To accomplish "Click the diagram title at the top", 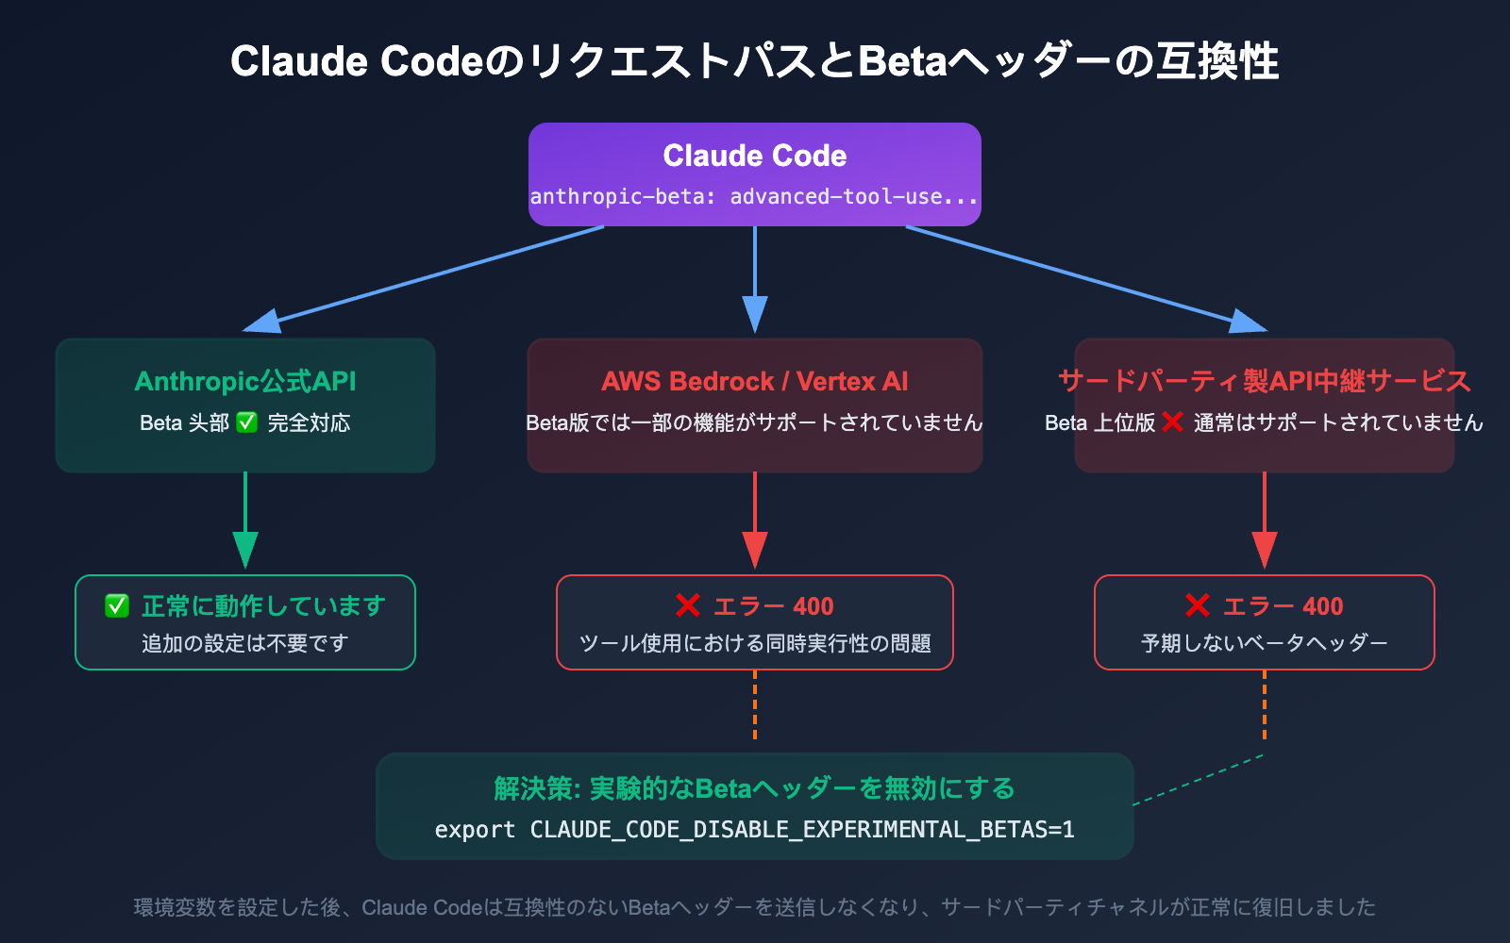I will [x=755, y=61].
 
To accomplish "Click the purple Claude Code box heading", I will [x=755, y=156].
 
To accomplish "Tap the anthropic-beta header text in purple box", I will [x=755, y=196].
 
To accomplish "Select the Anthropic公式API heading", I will [x=245, y=381].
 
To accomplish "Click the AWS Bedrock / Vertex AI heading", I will [x=755, y=381].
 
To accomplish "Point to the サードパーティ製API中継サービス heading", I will [x=1265, y=381].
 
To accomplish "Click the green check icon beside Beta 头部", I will [x=247, y=422].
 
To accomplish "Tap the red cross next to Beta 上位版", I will [x=1173, y=422].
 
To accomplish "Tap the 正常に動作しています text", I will [x=263, y=605].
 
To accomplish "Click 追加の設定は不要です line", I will [x=245, y=643].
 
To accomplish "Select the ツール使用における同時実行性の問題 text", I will [x=755, y=643].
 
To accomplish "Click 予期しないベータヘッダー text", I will [x=1265, y=643].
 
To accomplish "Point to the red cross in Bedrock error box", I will [x=688, y=605].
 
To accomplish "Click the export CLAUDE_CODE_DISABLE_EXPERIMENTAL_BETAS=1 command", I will [x=755, y=830].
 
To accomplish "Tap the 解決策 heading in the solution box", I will [x=755, y=788].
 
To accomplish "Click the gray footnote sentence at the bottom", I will [x=755, y=907].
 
